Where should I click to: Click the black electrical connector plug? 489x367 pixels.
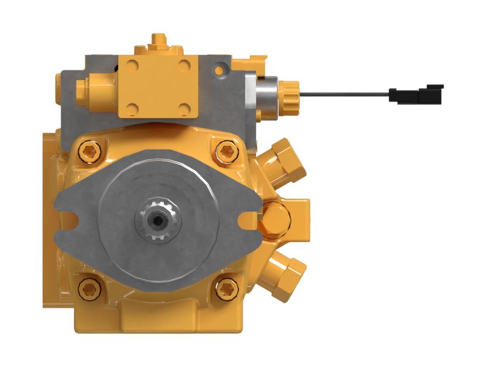(416, 94)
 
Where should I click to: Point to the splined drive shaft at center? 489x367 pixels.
(158, 220)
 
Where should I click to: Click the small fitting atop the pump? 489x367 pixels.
(158, 43)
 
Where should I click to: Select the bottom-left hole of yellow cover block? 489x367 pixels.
(133, 110)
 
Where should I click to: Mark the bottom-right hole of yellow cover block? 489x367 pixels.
(183, 110)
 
